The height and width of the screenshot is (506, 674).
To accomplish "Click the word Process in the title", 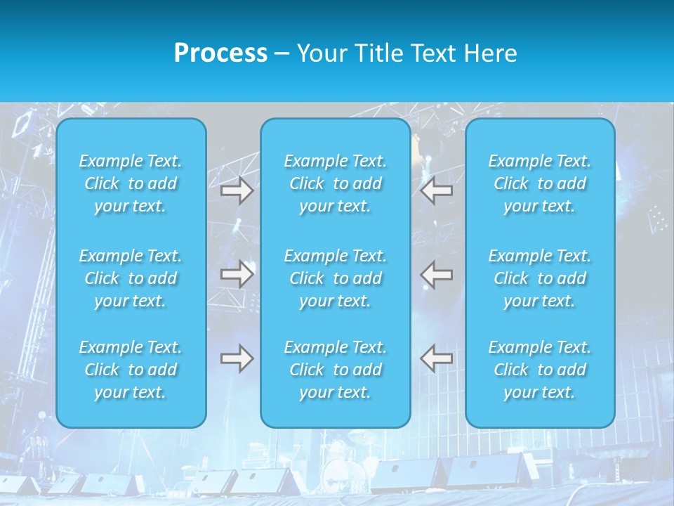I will click(220, 53).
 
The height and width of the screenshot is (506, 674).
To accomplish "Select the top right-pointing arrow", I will click(237, 190).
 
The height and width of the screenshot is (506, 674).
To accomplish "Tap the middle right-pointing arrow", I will click(237, 273).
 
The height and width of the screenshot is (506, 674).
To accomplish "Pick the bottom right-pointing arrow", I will click(237, 358).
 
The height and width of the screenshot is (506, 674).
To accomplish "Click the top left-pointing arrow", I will click(437, 190).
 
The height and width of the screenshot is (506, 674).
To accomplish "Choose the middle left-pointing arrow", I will click(437, 273).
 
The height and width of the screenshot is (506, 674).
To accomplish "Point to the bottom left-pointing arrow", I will click(437, 358).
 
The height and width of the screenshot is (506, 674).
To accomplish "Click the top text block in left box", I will click(131, 183).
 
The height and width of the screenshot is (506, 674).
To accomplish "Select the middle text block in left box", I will click(131, 278).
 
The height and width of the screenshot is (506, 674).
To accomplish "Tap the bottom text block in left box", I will click(131, 370).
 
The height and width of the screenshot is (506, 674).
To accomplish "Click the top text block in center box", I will click(336, 183).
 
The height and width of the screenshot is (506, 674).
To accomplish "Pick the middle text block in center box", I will click(336, 278).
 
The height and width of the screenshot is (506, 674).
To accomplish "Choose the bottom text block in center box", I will click(336, 370).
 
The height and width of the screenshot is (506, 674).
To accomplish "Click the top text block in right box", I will click(540, 183).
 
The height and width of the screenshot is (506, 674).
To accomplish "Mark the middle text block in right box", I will click(540, 278).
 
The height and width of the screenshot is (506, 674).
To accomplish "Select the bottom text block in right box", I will click(540, 370).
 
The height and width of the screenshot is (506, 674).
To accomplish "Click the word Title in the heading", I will click(381, 53).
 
